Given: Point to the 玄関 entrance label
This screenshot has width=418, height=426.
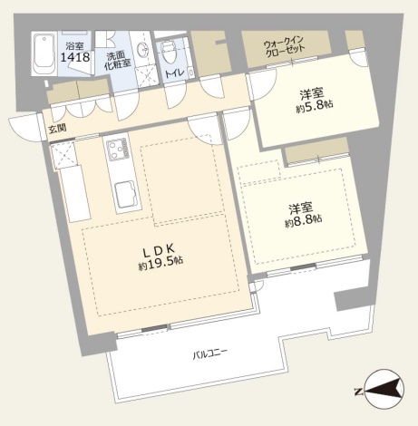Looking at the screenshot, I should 57,130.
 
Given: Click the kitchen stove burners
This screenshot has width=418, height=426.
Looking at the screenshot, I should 116,150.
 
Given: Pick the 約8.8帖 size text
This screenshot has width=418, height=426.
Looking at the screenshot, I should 303,222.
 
